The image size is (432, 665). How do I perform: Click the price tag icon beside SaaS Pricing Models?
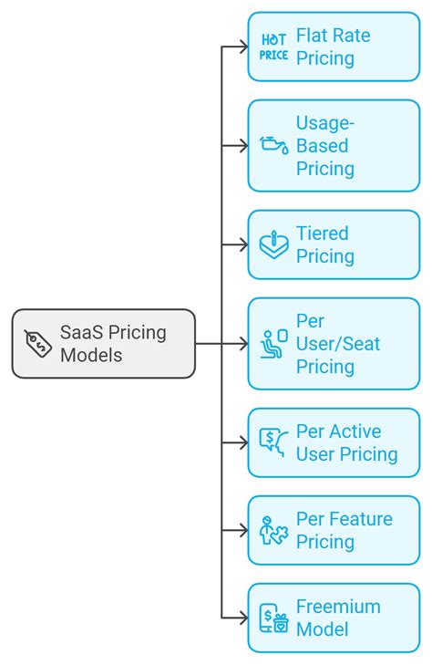(x=38, y=343)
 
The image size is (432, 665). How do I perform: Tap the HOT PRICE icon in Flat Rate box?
(x=273, y=47)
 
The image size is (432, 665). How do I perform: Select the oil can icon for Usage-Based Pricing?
(x=273, y=145)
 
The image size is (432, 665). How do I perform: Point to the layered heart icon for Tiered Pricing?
(x=273, y=244)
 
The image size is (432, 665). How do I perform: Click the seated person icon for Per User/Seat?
(x=273, y=344)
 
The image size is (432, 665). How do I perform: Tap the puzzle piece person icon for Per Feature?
(x=273, y=530)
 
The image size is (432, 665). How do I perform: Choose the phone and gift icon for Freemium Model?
(x=273, y=618)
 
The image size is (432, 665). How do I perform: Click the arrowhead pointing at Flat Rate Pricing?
(x=243, y=47)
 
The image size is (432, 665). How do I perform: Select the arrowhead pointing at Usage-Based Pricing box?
(x=243, y=145)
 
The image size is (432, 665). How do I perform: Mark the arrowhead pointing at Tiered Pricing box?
(x=243, y=244)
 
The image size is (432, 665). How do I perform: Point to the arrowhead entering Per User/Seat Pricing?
(x=243, y=344)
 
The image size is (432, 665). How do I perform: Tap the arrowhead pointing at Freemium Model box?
(x=243, y=618)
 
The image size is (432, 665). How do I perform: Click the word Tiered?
(x=322, y=234)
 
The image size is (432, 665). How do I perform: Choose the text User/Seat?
(x=338, y=344)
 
